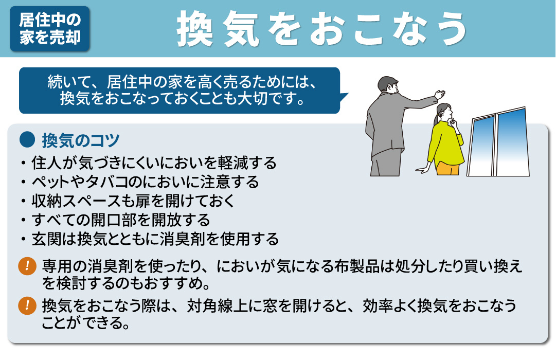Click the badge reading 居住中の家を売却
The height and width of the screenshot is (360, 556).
point(50,29)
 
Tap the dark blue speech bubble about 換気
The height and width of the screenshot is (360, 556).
point(180,90)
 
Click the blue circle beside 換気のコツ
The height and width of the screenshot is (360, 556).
point(26,140)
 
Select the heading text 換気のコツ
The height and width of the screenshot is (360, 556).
point(81,140)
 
